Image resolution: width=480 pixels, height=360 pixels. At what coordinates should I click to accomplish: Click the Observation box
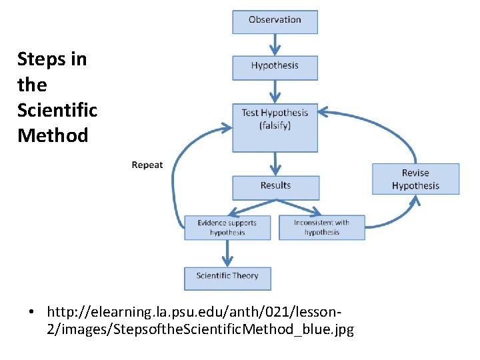tap(275, 21)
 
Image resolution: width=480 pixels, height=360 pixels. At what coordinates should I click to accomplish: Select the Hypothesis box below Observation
tap(275, 67)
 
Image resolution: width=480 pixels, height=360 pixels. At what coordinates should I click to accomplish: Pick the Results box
tap(275, 187)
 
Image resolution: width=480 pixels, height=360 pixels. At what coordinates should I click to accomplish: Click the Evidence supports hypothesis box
tap(227, 227)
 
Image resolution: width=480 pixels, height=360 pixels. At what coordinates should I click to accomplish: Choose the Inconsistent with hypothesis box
tap(321, 227)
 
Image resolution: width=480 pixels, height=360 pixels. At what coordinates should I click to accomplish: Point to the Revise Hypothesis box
tap(415, 179)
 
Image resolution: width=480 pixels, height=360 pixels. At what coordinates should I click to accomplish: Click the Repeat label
tap(147, 165)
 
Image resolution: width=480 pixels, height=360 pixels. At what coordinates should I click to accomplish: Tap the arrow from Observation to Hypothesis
tap(275, 45)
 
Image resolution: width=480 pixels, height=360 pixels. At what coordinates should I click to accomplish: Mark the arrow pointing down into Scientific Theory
tap(228, 253)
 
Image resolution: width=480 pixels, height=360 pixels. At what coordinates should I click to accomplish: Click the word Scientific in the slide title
tap(57, 110)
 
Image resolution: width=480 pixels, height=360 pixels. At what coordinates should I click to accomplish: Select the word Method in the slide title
tap(53, 135)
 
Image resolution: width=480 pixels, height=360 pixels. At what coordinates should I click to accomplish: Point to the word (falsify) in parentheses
tap(275, 125)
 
